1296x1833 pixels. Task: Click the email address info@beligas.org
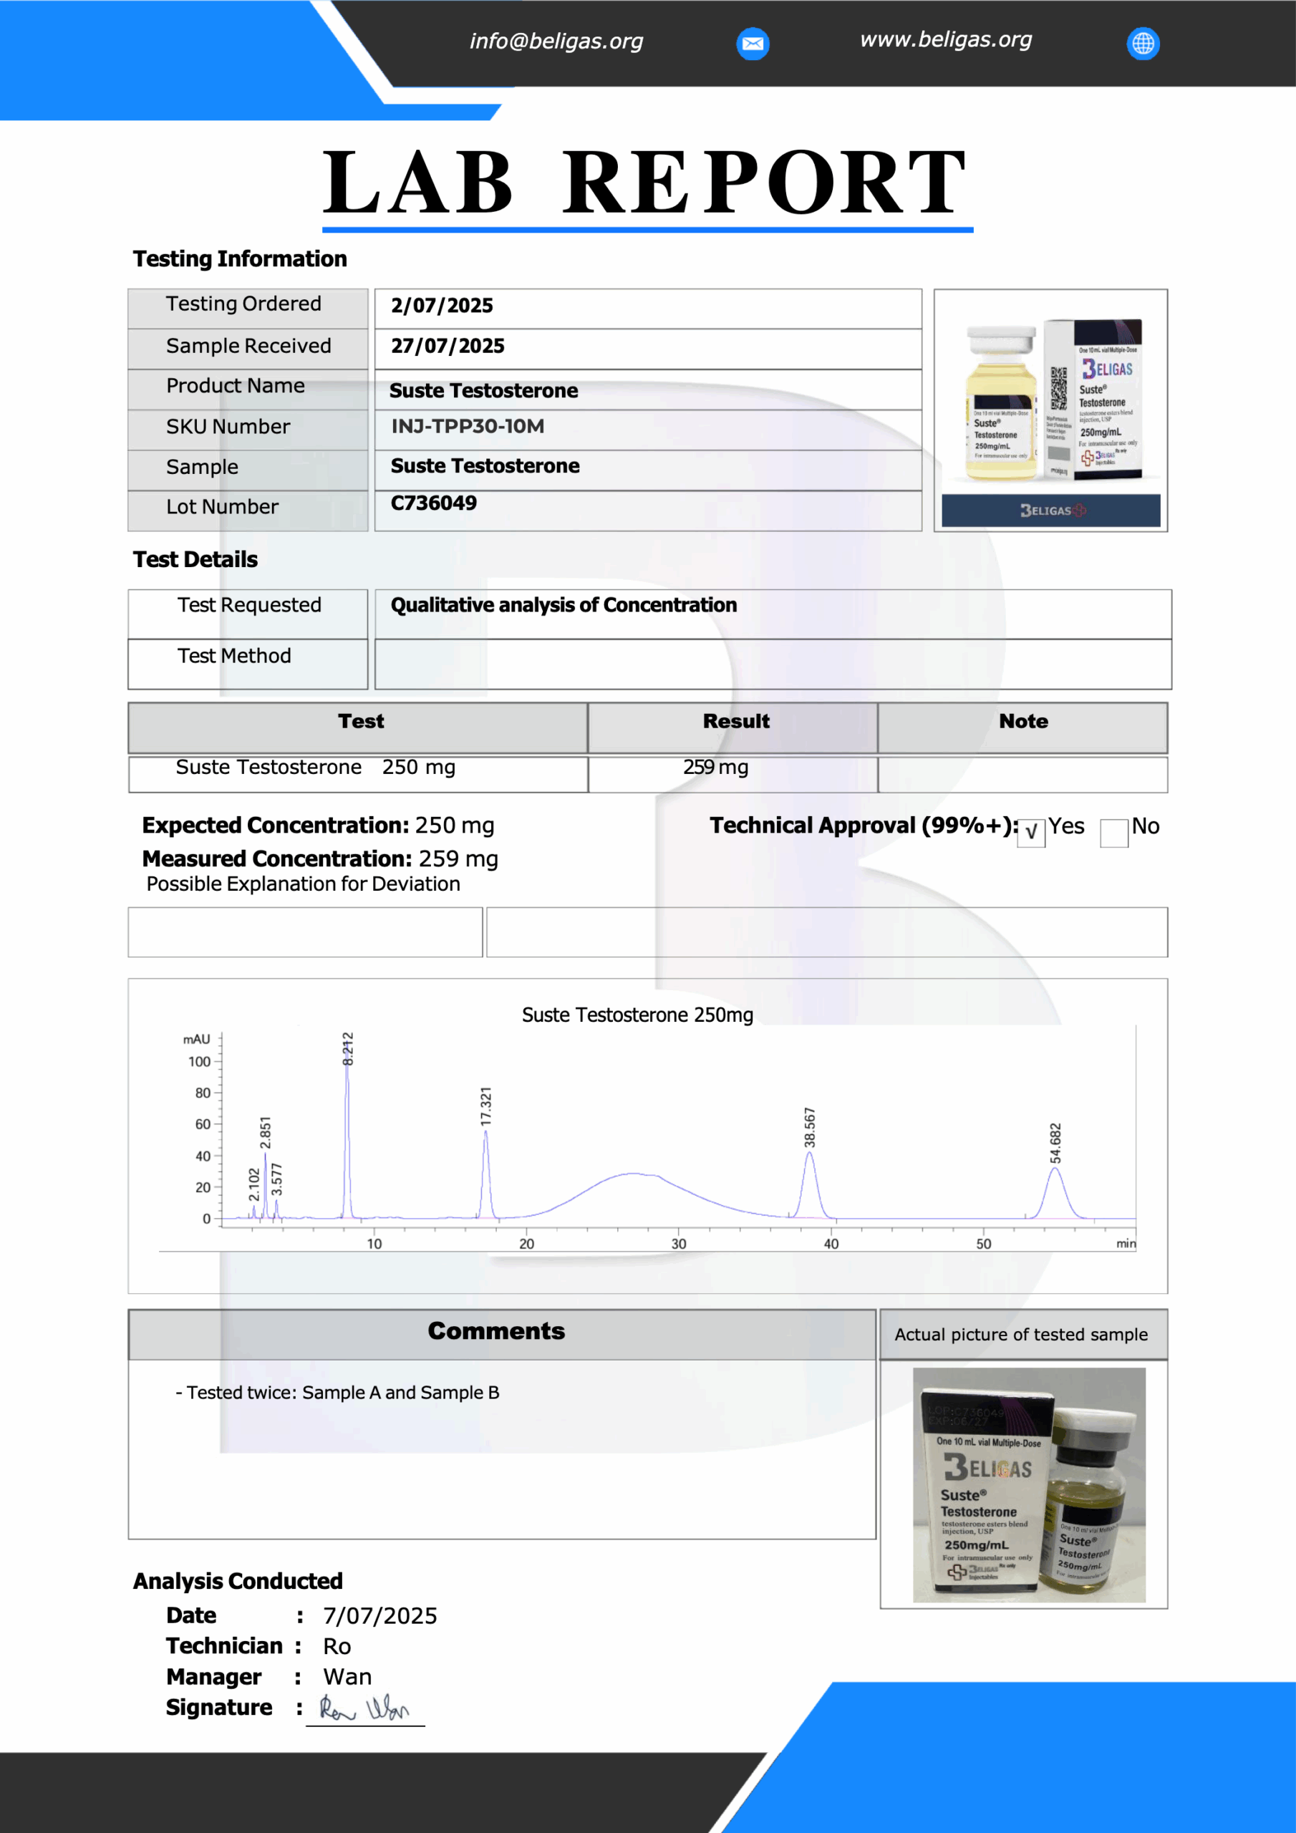(556, 41)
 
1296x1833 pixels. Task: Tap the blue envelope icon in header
(753, 43)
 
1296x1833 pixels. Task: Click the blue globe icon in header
(1143, 43)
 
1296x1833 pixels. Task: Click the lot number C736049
(434, 503)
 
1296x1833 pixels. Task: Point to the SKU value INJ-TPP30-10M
(467, 426)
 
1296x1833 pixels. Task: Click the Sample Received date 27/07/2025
(448, 346)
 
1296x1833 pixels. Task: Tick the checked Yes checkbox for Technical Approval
(1031, 832)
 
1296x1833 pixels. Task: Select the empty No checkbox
(1113, 832)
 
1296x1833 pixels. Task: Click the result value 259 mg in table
(715, 767)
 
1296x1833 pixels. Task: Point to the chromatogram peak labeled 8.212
(347, 1133)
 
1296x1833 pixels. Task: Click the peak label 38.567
(810, 1127)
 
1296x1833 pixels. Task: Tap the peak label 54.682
(1055, 1143)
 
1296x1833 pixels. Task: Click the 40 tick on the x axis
(831, 1244)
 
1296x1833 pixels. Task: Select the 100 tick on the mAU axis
(200, 1062)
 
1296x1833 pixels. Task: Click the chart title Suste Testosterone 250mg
(637, 1015)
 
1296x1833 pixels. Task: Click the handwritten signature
(364, 1708)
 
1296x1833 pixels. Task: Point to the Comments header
(496, 1331)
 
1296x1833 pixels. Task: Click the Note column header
(1023, 721)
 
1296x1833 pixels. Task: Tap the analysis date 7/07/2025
(380, 1616)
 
